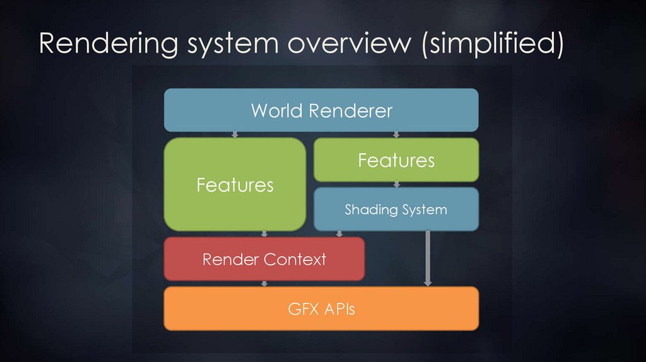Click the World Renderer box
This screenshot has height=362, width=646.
(x=321, y=110)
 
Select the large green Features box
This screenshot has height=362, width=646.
(x=235, y=184)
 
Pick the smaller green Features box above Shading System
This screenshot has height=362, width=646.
(x=396, y=160)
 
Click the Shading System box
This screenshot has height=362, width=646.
(x=396, y=209)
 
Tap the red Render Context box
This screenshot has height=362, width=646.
(x=264, y=259)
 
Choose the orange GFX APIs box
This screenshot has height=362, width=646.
(x=321, y=309)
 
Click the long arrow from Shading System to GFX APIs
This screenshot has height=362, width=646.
(x=428, y=259)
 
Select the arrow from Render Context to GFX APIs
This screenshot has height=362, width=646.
(x=264, y=283)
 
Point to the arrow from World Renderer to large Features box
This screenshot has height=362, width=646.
(x=234, y=134)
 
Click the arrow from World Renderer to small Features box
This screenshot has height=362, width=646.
(x=396, y=134)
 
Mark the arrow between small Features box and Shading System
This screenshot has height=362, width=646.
(x=396, y=184)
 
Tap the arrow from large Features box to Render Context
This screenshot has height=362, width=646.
(x=264, y=233)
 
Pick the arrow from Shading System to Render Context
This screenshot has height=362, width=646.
(x=339, y=233)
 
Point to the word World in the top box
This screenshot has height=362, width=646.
(x=278, y=110)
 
